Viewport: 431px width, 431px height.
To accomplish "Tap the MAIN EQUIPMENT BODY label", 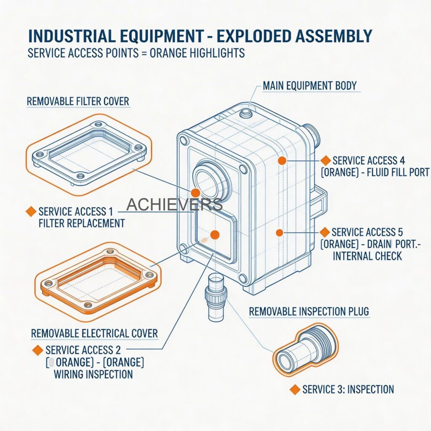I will (309, 85).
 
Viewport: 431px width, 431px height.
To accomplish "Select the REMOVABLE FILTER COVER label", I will (77, 101).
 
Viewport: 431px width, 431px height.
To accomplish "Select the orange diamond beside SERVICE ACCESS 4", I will (325, 160).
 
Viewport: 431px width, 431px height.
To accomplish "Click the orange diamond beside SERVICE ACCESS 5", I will (325, 232).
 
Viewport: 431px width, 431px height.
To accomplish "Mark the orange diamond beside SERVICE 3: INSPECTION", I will (295, 389).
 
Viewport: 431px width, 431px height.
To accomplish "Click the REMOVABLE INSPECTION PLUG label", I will (309, 312).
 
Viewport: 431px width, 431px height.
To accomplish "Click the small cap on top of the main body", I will (245, 112).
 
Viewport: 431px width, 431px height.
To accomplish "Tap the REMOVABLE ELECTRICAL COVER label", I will (94, 334).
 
